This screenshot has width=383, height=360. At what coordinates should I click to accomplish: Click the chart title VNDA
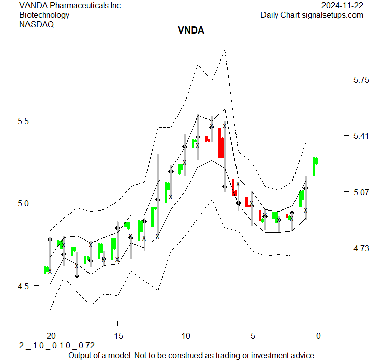pyautogui.click(x=191, y=31)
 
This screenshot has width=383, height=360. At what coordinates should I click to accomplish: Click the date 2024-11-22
pyautogui.click(x=342, y=6)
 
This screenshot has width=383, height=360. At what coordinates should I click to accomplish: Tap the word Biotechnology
pyautogui.click(x=44, y=15)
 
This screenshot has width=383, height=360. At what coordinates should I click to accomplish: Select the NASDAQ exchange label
pyautogui.click(x=36, y=24)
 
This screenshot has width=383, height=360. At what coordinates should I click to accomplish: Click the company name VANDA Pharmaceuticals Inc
pyautogui.click(x=70, y=6)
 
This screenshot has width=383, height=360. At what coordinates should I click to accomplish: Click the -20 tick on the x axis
pyautogui.click(x=50, y=336)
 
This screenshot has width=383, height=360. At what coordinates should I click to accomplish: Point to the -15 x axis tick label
pyautogui.click(x=117, y=336)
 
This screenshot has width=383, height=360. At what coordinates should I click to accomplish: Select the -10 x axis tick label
pyautogui.click(x=184, y=336)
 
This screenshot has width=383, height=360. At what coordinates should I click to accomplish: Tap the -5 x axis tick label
pyautogui.click(x=251, y=336)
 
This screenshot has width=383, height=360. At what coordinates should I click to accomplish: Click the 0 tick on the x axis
pyautogui.click(x=319, y=336)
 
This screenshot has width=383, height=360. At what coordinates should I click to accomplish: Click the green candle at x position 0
pyautogui.click(x=315, y=166)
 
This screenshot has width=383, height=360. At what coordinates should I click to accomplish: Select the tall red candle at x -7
pyautogui.click(x=221, y=143)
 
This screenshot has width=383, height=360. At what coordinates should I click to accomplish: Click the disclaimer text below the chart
pyautogui.click(x=191, y=355)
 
